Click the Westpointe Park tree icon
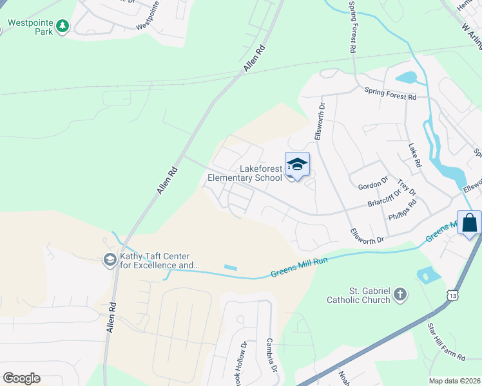[63, 26]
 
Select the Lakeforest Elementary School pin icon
[297, 165]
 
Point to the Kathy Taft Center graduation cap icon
[110, 259]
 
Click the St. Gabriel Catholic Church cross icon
[400, 295]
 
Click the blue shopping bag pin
[469, 223]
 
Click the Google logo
[21, 378]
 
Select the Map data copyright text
[455, 381]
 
